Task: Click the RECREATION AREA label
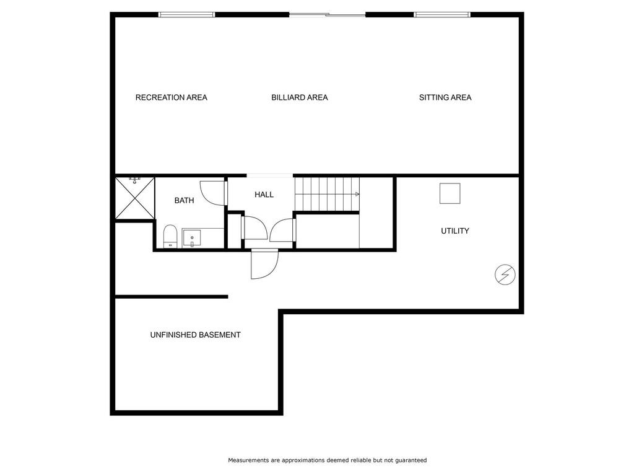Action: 171,97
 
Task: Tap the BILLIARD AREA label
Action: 300,97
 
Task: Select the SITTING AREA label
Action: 445,97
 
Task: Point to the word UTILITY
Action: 455,231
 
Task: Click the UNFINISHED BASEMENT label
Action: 195,335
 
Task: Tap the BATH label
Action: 184,200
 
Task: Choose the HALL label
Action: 264,195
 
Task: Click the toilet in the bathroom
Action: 170,236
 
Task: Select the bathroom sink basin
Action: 192,238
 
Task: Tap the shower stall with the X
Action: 134,198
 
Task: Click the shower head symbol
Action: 134,180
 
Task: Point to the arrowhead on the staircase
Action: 357,195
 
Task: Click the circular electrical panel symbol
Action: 505,275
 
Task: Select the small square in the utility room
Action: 450,193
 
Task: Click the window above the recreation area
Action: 186,15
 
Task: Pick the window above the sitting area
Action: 442,15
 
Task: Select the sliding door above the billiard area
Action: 328,15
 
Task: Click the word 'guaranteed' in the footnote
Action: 411,461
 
